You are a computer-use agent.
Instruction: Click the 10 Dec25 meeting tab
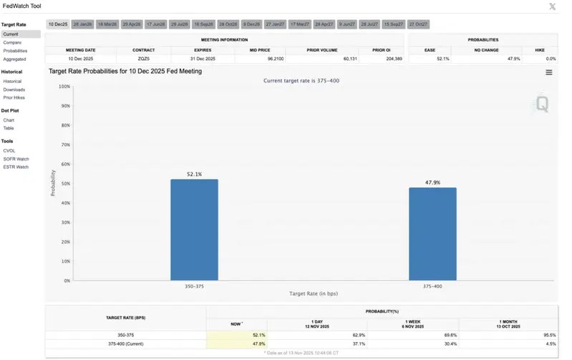point(58,24)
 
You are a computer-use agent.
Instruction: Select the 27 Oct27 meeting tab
point(419,24)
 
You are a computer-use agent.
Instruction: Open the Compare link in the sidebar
point(12,42)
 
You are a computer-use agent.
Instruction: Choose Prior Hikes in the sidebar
point(14,97)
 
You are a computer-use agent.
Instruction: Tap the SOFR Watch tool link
point(16,158)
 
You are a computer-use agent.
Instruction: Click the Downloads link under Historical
point(14,89)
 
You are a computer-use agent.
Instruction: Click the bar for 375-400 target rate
point(432,234)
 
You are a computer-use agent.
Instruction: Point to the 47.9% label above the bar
point(432,183)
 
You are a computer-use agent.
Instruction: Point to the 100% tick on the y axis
point(64,87)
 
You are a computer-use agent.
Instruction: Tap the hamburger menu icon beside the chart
point(549,72)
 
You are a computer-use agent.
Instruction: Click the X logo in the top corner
point(552,6)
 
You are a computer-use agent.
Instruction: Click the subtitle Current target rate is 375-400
point(301,81)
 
